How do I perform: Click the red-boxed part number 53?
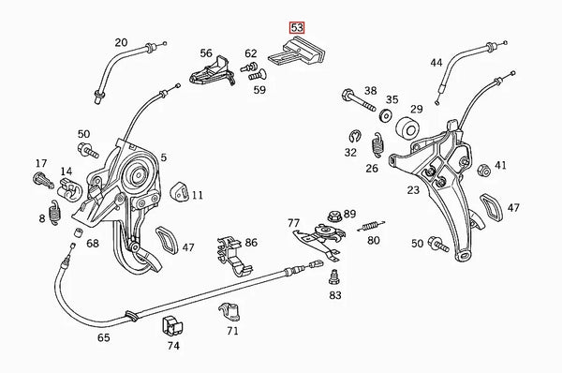pyautogui.click(x=297, y=28)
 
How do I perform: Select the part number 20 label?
pyautogui.click(x=121, y=42)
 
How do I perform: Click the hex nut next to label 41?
pyautogui.click(x=485, y=171)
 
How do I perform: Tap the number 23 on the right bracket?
pyautogui.click(x=413, y=191)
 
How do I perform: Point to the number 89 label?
pyautogui.click(x=349, y=214)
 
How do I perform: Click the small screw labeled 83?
pyautogui.click(x=333, y=276)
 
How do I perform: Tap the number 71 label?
pyautogui.click(x=232, y=330)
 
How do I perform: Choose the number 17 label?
pyautogui.click(x=40, y=162)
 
